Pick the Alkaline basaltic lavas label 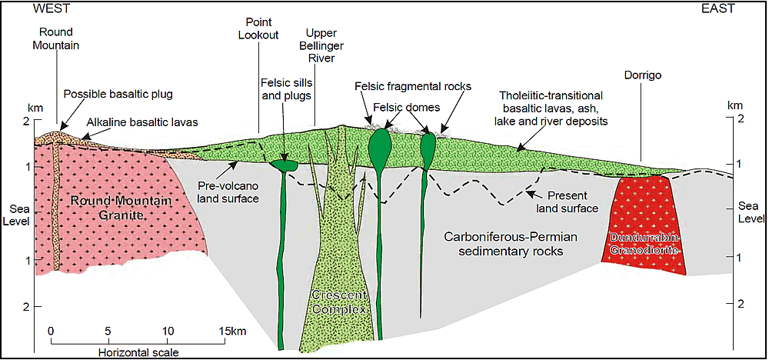pyautogui.click(x=143, y=122)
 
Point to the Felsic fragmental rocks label pyautogui.click(x=413, y=86)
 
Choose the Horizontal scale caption pyautogui.click(x=138, y=352)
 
